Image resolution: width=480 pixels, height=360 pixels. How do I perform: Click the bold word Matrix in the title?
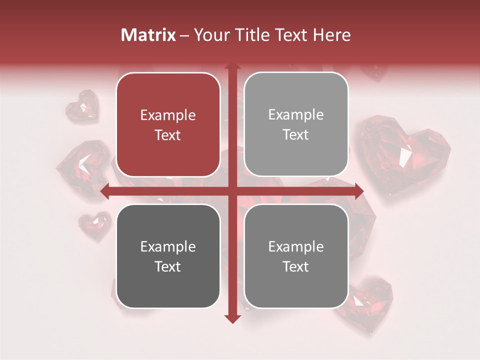(148, 35)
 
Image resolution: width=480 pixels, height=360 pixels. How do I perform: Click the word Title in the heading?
(254, 35)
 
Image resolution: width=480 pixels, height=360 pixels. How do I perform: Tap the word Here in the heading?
(331, 35)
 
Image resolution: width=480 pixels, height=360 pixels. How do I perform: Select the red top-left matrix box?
(168, 125)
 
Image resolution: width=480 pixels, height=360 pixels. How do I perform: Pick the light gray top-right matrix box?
(296, 124)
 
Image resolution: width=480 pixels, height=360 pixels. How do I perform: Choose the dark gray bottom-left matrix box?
(168, 256)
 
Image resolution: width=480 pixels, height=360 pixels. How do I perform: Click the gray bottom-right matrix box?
(296, 256)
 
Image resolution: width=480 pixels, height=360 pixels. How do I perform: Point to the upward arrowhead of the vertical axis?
(232, 67)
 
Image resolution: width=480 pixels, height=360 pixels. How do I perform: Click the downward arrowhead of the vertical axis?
(232, 318)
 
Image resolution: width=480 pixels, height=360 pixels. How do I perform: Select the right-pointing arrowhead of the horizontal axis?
(358, 191)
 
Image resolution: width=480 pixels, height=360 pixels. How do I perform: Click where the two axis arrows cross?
(232, 191)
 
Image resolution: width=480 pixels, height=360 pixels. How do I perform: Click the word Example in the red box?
(168, 115)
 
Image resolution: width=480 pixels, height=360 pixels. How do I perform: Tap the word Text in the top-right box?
(296, 135)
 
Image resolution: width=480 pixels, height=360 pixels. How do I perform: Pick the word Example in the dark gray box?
(168, 247)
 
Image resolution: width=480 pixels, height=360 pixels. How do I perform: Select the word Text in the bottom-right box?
(296, 267)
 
